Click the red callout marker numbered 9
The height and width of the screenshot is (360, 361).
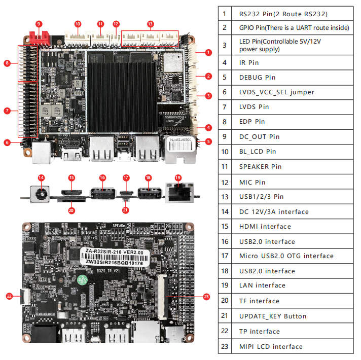click(x=39, y=23)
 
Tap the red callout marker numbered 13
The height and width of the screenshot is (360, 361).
click(x=150, y=24)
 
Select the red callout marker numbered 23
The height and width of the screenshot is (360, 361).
click(x=206, y=297)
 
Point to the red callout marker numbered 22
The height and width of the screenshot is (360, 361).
click(x=9, y=295)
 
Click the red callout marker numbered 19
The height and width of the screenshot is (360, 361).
click(x=177, y=177)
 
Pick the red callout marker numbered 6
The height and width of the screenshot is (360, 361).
click(x=7, y=142)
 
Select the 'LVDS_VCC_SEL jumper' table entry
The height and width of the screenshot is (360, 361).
click(x=276, y=92)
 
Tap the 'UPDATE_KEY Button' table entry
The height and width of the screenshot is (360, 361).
click(x=273, y=316)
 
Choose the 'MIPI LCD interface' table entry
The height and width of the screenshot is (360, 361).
click(x=271, y=347)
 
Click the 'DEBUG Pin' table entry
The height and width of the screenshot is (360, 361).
click(x=257, y=78)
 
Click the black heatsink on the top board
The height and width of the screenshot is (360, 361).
click(x=122, y=96)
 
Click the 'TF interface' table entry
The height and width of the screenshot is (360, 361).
click(x=259, y=301)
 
